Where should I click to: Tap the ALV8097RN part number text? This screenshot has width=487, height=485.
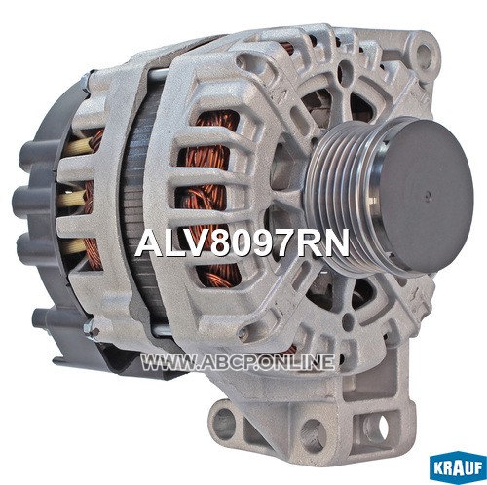point(243,242)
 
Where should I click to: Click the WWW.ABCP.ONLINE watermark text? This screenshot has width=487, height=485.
point(238,362)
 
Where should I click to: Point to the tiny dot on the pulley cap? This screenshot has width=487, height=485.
point(429,195)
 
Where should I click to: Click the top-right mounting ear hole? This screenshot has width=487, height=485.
point(424,52)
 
